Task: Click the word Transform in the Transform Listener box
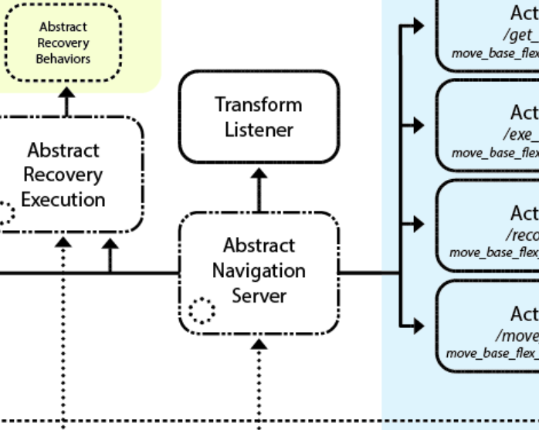[x=259, y=104]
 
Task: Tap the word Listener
[x=259, y=130]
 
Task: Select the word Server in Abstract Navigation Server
[x=259, y=296]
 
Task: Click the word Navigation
[x=259, y=271]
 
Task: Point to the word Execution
[x=63, y=199]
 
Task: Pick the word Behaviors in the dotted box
[x=63, y=59]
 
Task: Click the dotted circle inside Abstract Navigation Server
[x=202, y=310]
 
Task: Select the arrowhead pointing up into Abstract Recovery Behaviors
[x=66, y=92]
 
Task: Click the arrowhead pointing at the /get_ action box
[x=417, y=25]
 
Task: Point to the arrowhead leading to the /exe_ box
[x=417, y=125]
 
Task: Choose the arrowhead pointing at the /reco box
[x=417, y=224]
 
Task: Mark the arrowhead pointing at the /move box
[x=417, y=325]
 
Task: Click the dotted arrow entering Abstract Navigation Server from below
[x=259, y=344]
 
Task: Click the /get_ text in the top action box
[x=521, y=36]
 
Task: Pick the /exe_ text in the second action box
[x=523, y=135]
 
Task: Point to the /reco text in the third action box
[x=522, y=235]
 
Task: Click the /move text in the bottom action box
[x=517, y=336]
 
